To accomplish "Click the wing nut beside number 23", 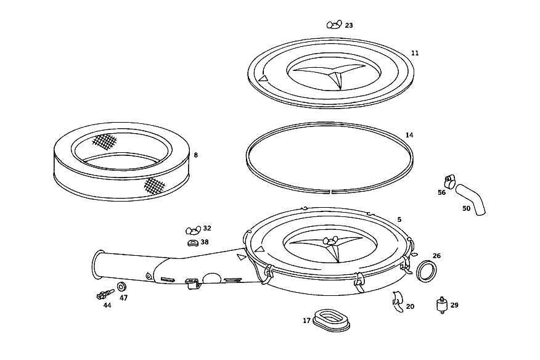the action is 334,25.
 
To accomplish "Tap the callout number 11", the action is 415,53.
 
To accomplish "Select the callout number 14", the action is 409,135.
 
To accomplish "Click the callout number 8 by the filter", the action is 195,155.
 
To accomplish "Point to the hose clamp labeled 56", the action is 450,179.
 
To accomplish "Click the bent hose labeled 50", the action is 471,199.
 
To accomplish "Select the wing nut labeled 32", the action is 193,230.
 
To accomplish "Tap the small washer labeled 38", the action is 193,243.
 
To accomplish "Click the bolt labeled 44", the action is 105,295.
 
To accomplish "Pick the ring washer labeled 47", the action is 121,287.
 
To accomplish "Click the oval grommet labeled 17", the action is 332,321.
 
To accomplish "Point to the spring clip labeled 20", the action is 398,302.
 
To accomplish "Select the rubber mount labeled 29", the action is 442,305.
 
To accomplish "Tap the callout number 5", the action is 399,219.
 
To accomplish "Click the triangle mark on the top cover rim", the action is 263,78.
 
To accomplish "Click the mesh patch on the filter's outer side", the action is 154,186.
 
